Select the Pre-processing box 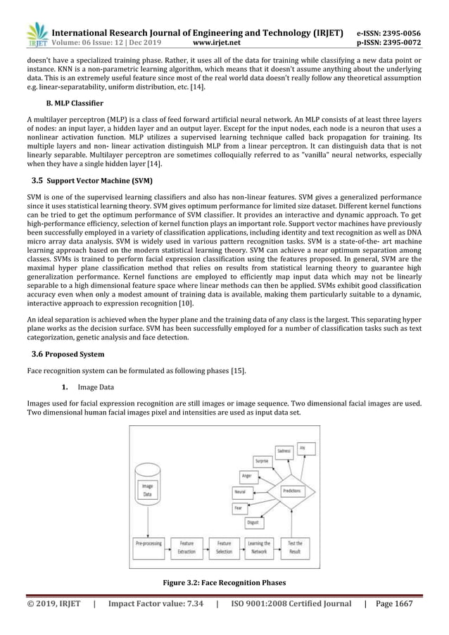tap(148, 547)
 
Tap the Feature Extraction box tap(186, 547)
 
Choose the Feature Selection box tap(224, 547)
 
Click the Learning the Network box tap(259, 547)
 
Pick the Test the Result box tap(296, 547)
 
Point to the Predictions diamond tap(292, 490)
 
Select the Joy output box tap(303, 447)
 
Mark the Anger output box tap(246, 477)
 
